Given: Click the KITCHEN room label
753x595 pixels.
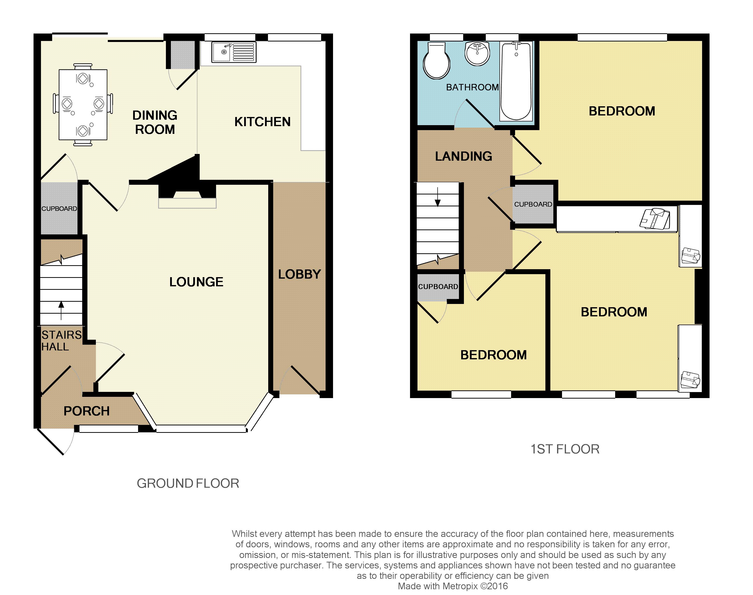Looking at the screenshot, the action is click(x=262, y=122).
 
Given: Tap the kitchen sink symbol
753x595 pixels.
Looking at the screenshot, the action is click(x=234, y=52).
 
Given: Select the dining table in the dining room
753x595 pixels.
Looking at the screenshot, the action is click(x=83, y=105).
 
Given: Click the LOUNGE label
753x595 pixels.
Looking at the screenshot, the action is click(x=196, y=282).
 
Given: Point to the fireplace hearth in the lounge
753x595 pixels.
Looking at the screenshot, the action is click(x=187, y=203).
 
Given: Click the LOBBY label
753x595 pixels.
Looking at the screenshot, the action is click(x=299, y=274).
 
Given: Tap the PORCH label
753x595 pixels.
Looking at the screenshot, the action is click(x=86, y=411).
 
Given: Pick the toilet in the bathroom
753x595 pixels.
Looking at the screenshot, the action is click(x=436, y=61).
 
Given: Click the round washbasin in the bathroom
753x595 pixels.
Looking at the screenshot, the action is click(x=477, y=54).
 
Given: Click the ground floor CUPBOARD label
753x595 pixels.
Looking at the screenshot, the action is click(x=59, y=209).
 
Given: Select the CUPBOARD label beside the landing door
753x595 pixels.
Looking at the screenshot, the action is click(x=533, y=204).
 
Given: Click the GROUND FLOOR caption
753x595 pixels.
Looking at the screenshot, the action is click(x=188, y=483).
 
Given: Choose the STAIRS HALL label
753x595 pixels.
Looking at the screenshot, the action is click(x=62, y=341).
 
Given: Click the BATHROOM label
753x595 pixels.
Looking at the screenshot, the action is click(x=472, y=87).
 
